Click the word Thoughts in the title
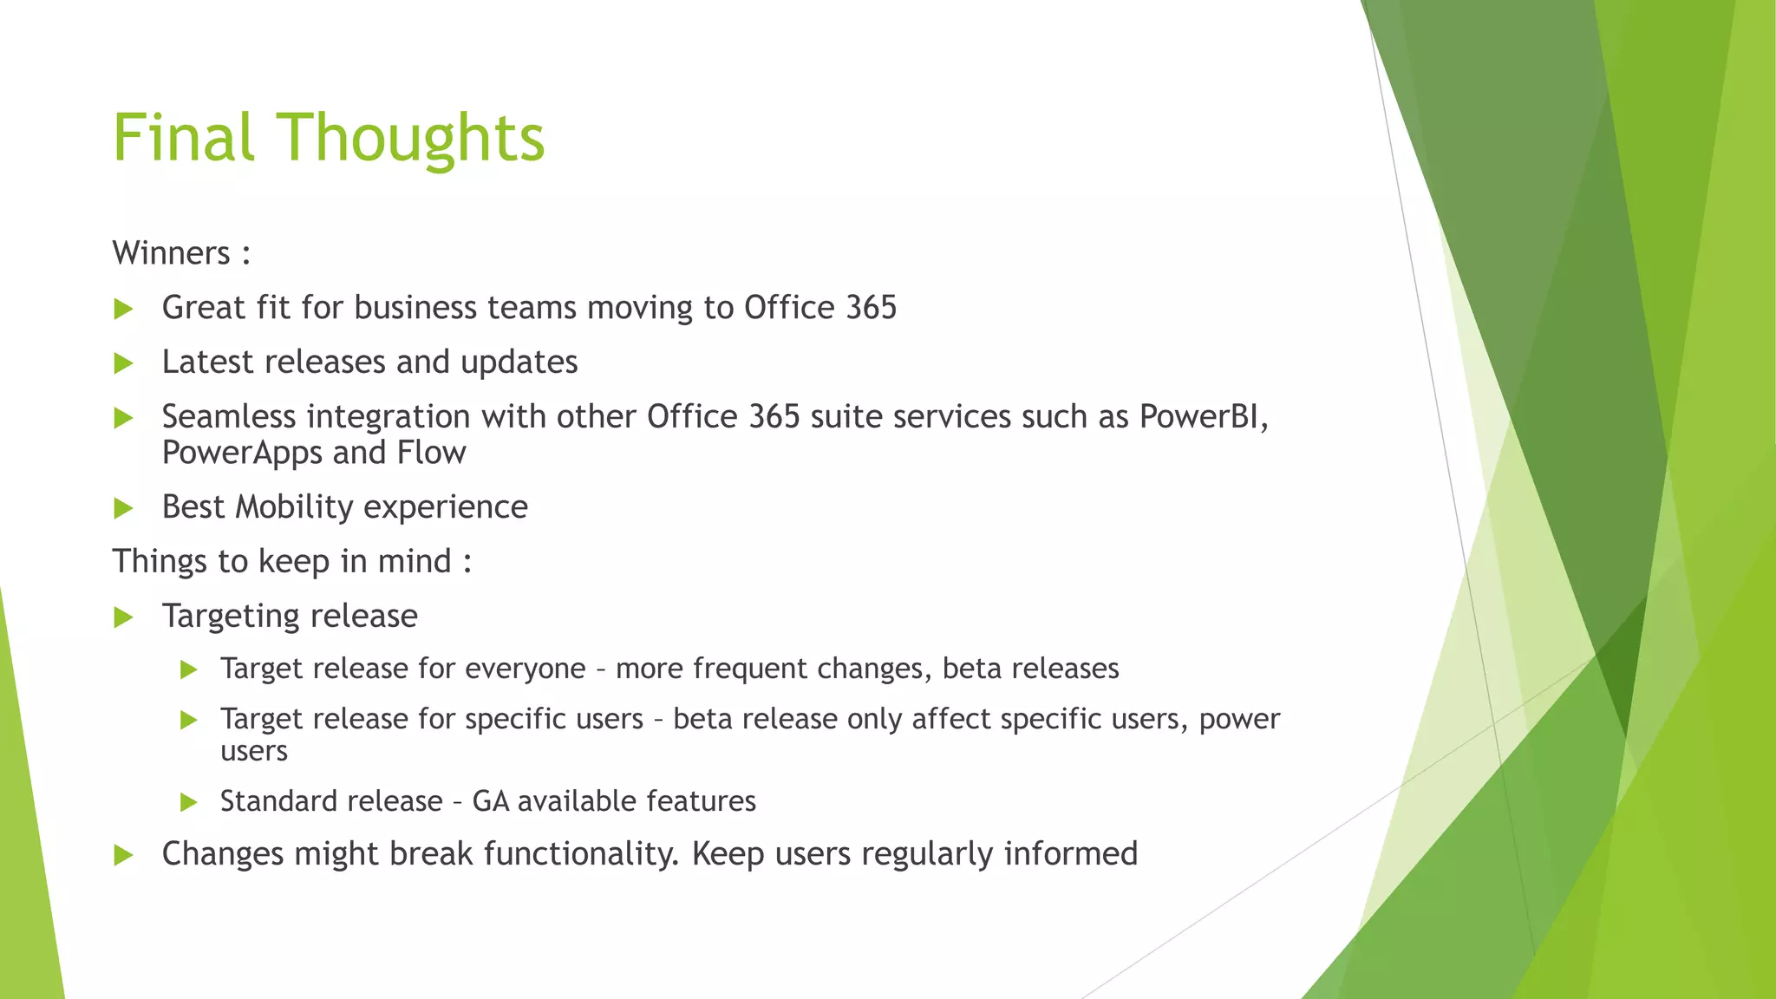pos(410,139)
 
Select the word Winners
pos(171,253)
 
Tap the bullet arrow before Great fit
pos(123,309)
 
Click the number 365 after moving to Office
pos(870,308)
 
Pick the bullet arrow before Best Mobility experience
pos(123,508)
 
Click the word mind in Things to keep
pos(414,561)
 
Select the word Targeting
pos(231,617)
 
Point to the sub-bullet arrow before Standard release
pos(188,802)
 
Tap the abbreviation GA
pos(490,801)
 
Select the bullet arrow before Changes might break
pos(123,856)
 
